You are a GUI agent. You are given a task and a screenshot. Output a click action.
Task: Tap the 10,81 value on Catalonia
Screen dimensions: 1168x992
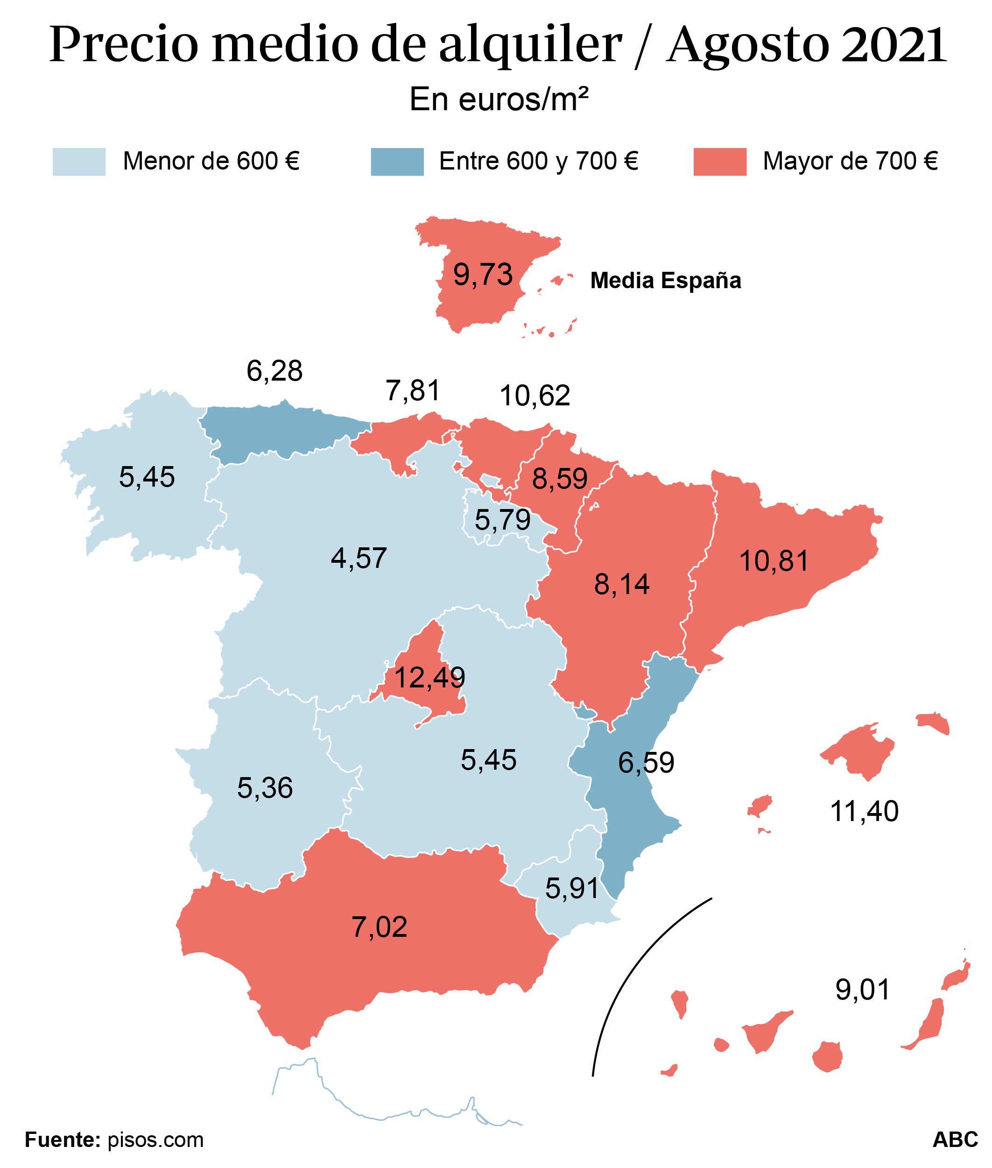(774, 561)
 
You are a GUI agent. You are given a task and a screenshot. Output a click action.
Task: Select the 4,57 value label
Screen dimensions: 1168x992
(359, 559)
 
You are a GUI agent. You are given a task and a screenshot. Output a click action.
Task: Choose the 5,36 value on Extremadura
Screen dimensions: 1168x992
(265, 788)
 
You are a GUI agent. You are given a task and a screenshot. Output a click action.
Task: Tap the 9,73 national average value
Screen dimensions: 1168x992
(483, 275)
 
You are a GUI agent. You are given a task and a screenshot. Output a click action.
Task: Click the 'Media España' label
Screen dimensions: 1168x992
(666, 280)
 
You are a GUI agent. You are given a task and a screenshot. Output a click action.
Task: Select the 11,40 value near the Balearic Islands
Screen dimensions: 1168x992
(865, 811)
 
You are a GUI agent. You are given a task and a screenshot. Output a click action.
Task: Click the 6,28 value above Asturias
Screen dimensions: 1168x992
(274, 371)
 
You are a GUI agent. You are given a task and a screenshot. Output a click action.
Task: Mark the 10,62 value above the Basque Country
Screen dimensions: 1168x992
(535, 396)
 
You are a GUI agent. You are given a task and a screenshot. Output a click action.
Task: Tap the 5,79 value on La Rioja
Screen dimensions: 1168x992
(503, 520)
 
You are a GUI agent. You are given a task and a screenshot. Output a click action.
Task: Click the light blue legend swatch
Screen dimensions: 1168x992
(79, 162)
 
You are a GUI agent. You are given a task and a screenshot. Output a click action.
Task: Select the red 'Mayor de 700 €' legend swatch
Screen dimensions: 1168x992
(720, 162)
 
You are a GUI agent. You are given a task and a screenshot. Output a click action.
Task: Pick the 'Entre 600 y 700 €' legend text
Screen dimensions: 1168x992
(538, 162)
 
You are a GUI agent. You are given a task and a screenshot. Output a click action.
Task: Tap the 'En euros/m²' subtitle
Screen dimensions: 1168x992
(499, 100)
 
